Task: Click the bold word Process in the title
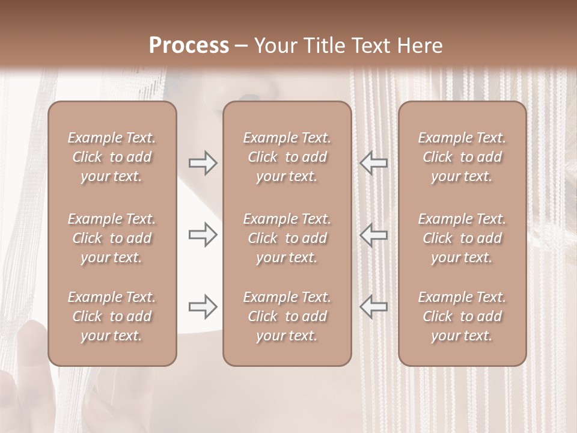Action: (x=189, y=46)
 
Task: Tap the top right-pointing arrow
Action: (x=203, y=163)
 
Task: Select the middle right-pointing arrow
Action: (x=203, y=235)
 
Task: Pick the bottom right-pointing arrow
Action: (x=203, y=307)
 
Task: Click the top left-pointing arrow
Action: (x=373, y=163)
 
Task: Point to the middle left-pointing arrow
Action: (x=373, y=235)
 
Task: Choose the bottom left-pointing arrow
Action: (x=373, y=307)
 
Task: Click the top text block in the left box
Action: (x=112, y=157)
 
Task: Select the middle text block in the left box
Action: (x=112, y=238)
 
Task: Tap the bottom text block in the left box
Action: (x=112, y=316)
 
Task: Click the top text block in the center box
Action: (x=287, y=157)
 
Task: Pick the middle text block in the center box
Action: (x=287, y=238)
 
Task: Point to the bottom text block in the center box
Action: (x=287, y=316)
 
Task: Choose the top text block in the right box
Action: (x=462, y=157)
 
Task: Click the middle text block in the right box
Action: (x=462, y=238)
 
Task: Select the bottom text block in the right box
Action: (x=462, y=316)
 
